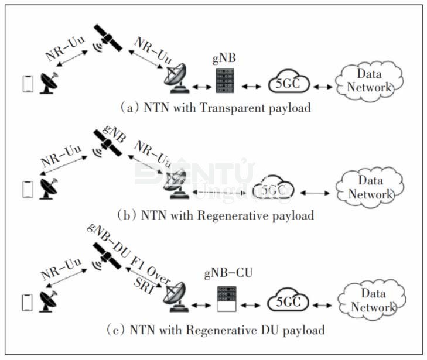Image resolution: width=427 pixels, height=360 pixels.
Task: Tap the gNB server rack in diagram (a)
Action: click(x=224, y=80)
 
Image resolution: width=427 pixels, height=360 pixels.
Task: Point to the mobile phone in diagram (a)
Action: click(x=26, y=83)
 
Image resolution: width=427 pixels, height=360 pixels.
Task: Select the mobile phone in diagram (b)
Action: click(x=26, y=189)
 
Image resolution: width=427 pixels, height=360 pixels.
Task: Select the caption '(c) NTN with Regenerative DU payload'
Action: click(x=216, y=330)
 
